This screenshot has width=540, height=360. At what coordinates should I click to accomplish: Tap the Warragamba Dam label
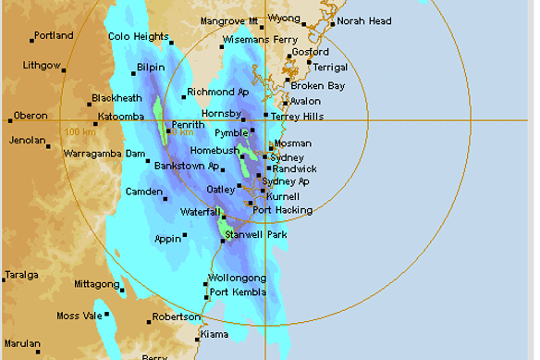[104, 154]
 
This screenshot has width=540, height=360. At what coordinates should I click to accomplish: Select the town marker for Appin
[185, 234]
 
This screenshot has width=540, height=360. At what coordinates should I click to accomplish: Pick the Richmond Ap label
[218, 92]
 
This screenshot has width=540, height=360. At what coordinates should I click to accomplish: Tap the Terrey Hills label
[296, 115]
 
